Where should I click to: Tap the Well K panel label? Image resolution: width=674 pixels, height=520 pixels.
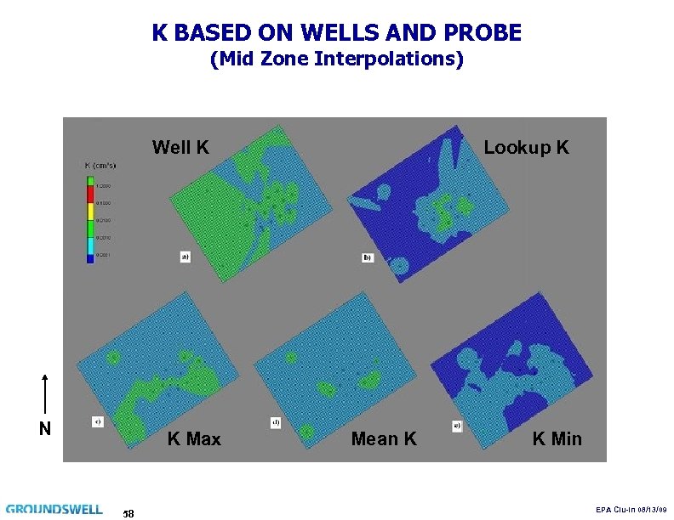[x=180, y=148]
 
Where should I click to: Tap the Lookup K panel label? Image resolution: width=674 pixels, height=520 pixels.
[x=526, y=148]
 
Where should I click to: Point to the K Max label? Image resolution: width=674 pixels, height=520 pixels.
[x=194, y=439]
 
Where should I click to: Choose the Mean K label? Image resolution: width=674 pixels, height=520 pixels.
[x=384, y=439]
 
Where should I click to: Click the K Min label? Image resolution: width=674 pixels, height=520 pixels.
[x=557, y=439]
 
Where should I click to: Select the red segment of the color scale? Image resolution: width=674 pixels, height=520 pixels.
[x=89, y=195]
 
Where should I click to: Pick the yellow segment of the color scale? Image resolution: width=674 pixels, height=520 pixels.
[x=89, y=212]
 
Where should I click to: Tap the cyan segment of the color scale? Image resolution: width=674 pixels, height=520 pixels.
[x=89, y=246]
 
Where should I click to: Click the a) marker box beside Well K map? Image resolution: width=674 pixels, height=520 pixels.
[x=185, y=256]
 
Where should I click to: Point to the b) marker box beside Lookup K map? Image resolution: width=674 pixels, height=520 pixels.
[x=368, y=257]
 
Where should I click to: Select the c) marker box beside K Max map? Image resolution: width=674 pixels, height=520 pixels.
[x=98, y=421]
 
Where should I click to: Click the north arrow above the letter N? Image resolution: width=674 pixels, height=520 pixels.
[x=45, y=394]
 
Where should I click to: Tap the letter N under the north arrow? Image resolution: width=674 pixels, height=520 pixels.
[x=45, y=428]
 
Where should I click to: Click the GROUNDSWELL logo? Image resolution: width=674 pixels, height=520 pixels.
[x=54, y=510]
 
